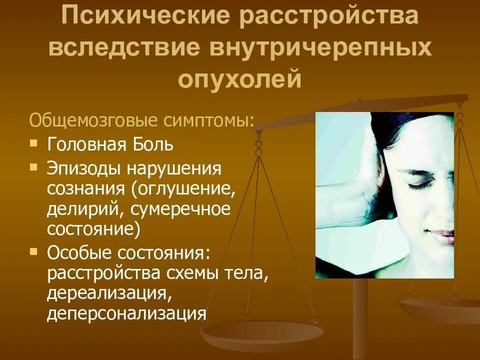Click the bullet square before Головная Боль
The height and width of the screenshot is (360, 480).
[x=33, y=143]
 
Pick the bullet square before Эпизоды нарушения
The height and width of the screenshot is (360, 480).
[x=33, y=166]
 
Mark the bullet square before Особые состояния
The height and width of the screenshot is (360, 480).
[x=33, y=250]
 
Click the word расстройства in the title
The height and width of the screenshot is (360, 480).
[x=327, y=17]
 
